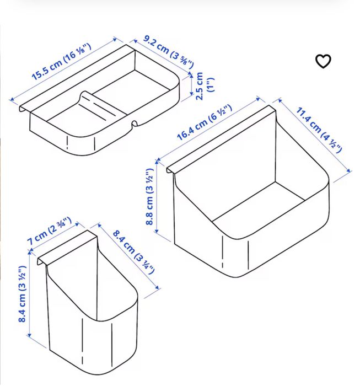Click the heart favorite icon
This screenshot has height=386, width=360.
coord(323,61)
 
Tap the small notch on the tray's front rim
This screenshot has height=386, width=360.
coord(135,124)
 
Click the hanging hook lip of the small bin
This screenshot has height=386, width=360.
coord(67,247)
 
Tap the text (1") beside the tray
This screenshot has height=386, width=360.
coord(211,85)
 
